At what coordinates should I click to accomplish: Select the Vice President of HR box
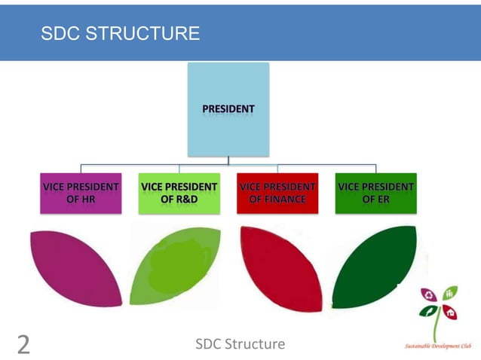point(81,194)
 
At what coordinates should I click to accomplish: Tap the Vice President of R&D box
point(179,194)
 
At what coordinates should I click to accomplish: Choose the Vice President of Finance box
point(277,194)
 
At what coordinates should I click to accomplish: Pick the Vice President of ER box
point(375,194)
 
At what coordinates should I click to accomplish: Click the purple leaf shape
point(75,267)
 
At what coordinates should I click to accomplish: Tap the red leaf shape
point(280,267)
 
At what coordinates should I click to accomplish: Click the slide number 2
point(23,345)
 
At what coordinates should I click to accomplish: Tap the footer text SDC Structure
point(240,344)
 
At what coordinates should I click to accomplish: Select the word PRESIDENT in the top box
point(228,109)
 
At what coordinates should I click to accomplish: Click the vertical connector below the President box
point(228,160)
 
